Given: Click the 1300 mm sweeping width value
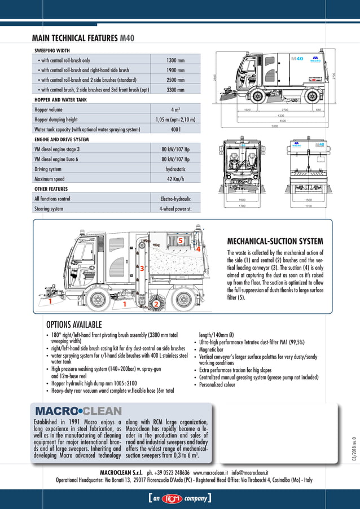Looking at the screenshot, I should pyautogui.click(x=175, y=60).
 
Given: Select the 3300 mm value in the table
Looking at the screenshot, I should pyautogui.click(x=175, y=89).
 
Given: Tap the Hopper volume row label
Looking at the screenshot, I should pyautogui.click(x=50, y=109).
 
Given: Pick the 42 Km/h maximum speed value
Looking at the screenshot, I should pyautogui.click(x=175, y=179).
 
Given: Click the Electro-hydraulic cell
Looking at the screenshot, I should pyautogui.click(x=175, y=199).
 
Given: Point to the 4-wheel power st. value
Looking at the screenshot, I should pyautogui.click(x=175, y=208).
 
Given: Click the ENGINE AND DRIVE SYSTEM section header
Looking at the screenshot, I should pyautogui.click(x=63, y=139).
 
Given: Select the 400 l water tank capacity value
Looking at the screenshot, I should pyautogui.click(x=175, y=129).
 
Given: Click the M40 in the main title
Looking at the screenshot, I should pyautogui.click(x=128, y=38).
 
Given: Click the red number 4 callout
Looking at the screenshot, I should pyautogui.click(x=198, y=247).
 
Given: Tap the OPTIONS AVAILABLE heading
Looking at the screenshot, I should pyautogui.click(x=73, y=324).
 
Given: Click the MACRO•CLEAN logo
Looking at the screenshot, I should pyautogui.click(x=78, y=411).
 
